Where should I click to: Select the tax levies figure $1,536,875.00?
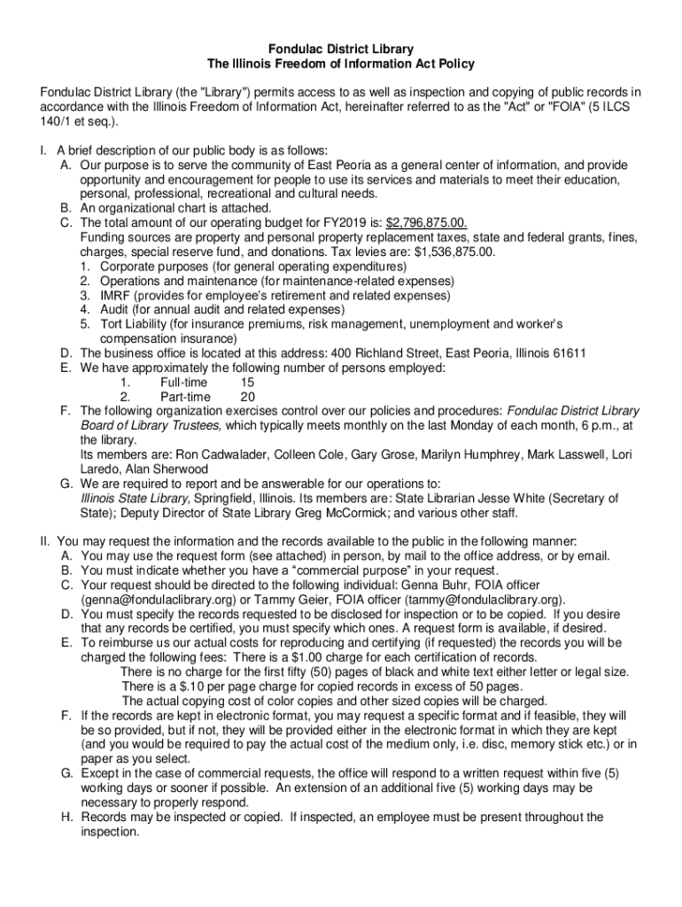[448, 252]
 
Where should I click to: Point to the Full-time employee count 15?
[247, 383]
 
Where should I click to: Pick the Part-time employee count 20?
[248, 397]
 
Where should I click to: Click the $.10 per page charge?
[175, 686]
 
